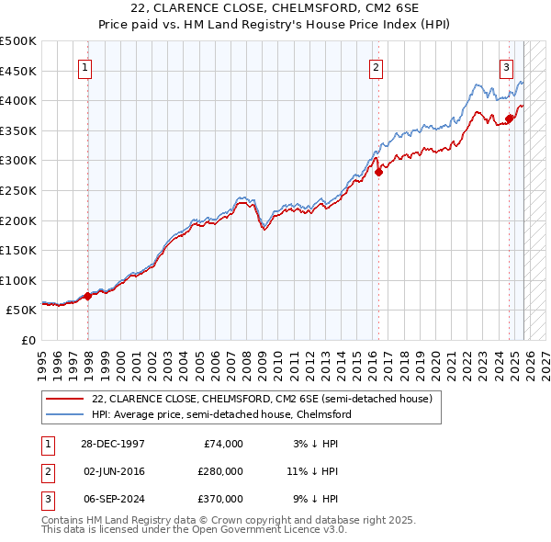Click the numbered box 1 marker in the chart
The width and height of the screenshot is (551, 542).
pos(84,66)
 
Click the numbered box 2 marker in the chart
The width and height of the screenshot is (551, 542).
pos(376,66)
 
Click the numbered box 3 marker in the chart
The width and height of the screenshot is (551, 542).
pos(506,66)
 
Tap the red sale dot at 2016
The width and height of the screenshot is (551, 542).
pos(377,172)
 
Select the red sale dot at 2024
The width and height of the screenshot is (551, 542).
pos(510,118)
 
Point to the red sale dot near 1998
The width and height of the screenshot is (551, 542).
pos(88,296)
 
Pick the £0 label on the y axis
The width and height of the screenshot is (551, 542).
pos(29,340)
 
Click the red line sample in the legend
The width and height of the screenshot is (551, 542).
pos(64,399)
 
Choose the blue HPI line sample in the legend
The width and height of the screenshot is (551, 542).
pos(64,414)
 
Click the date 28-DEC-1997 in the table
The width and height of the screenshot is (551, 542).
pos(112,444)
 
